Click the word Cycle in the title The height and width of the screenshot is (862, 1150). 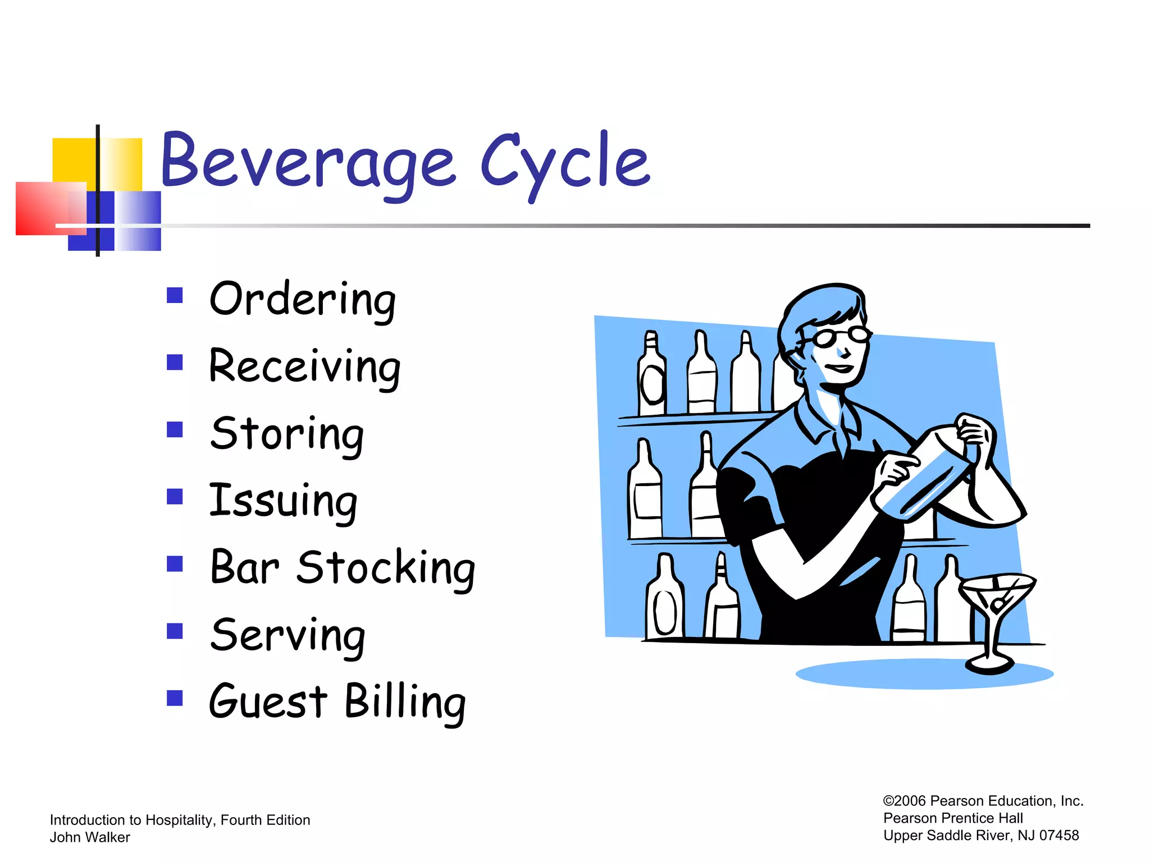(564, 163)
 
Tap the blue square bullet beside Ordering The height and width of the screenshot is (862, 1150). (175, 295)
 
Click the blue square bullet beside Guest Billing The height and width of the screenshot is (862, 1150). (175, 698)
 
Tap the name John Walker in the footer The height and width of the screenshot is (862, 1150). (90, 837)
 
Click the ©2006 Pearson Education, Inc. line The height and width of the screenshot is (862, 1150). (983, 801)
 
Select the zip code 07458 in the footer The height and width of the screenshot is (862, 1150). (1058, 836)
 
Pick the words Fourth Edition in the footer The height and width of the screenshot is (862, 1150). (265, 820)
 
